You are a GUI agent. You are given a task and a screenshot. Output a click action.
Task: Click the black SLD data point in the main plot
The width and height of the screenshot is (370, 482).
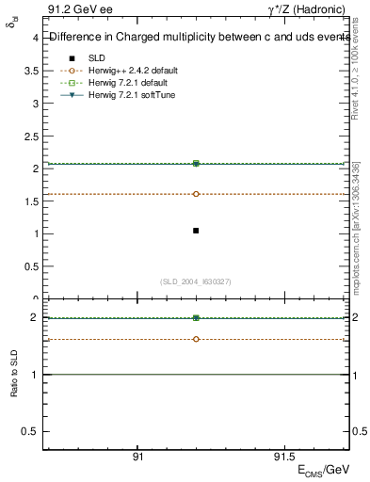pos(196,231)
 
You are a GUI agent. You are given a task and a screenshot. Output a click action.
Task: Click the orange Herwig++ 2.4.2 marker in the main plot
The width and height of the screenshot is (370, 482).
pos(196,194)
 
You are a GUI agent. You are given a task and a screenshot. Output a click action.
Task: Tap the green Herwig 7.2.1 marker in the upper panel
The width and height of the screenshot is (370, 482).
pos(196,164)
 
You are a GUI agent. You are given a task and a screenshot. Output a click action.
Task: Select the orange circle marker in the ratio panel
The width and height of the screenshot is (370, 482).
pos(196,339)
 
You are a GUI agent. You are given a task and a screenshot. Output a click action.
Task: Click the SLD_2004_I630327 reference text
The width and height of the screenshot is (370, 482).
pos(196,281)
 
